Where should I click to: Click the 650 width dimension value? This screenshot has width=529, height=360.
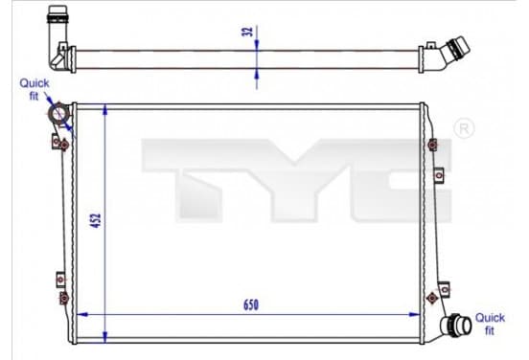(251, 304)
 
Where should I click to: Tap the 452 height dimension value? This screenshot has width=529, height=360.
(97, 220)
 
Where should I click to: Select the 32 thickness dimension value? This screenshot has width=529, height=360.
(248, 32)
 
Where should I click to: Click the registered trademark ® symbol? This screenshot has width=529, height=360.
(464, 128)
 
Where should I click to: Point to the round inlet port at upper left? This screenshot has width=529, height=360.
(58, 113)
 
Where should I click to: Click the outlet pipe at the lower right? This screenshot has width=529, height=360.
(456, 326)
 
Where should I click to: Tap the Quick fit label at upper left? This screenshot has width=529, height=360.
(34, 89)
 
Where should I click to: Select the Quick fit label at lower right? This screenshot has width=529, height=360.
(490, 324)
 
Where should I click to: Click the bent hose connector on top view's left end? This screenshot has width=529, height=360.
(59, 37)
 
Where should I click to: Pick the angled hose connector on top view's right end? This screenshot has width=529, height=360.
(445, 55)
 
